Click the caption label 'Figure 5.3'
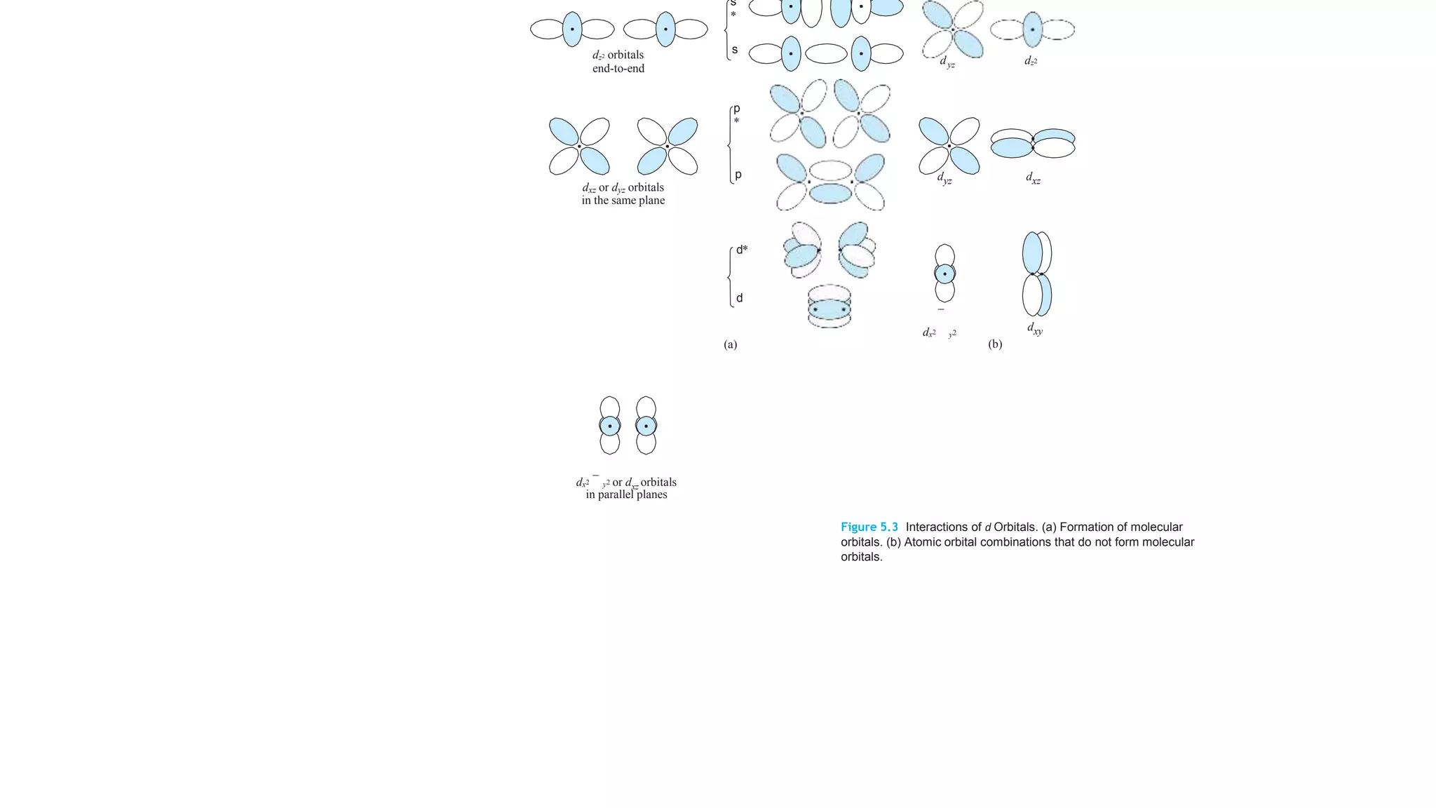click(x=869, y=527)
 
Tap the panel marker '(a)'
click(x=730, y=344)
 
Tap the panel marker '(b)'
click(x=995, y=344)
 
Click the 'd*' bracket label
click(x=742, y=250)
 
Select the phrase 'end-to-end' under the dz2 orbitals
click(x=618, y=69)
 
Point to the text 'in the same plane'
click(x=623, y=201)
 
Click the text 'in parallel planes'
click(x=626, y=494)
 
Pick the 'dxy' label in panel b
click(x=1035, y=328)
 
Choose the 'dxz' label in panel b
click(x=1033, y=179)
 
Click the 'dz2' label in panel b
click(x=1031, y=61)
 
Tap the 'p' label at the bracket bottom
click(x=738, y=175)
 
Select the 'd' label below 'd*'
click(x=739, y=298)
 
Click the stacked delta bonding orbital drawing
click(x=829, y=307)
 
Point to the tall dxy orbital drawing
click(x=1037, y=274)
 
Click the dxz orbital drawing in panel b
click(x=1033, y=143)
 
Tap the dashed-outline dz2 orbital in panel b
click(x=1032, y=30)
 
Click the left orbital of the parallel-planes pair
click(x=610, y=426)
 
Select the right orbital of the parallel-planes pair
click(x=646, y=426)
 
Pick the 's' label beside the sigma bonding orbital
click(x=735, y=50)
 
